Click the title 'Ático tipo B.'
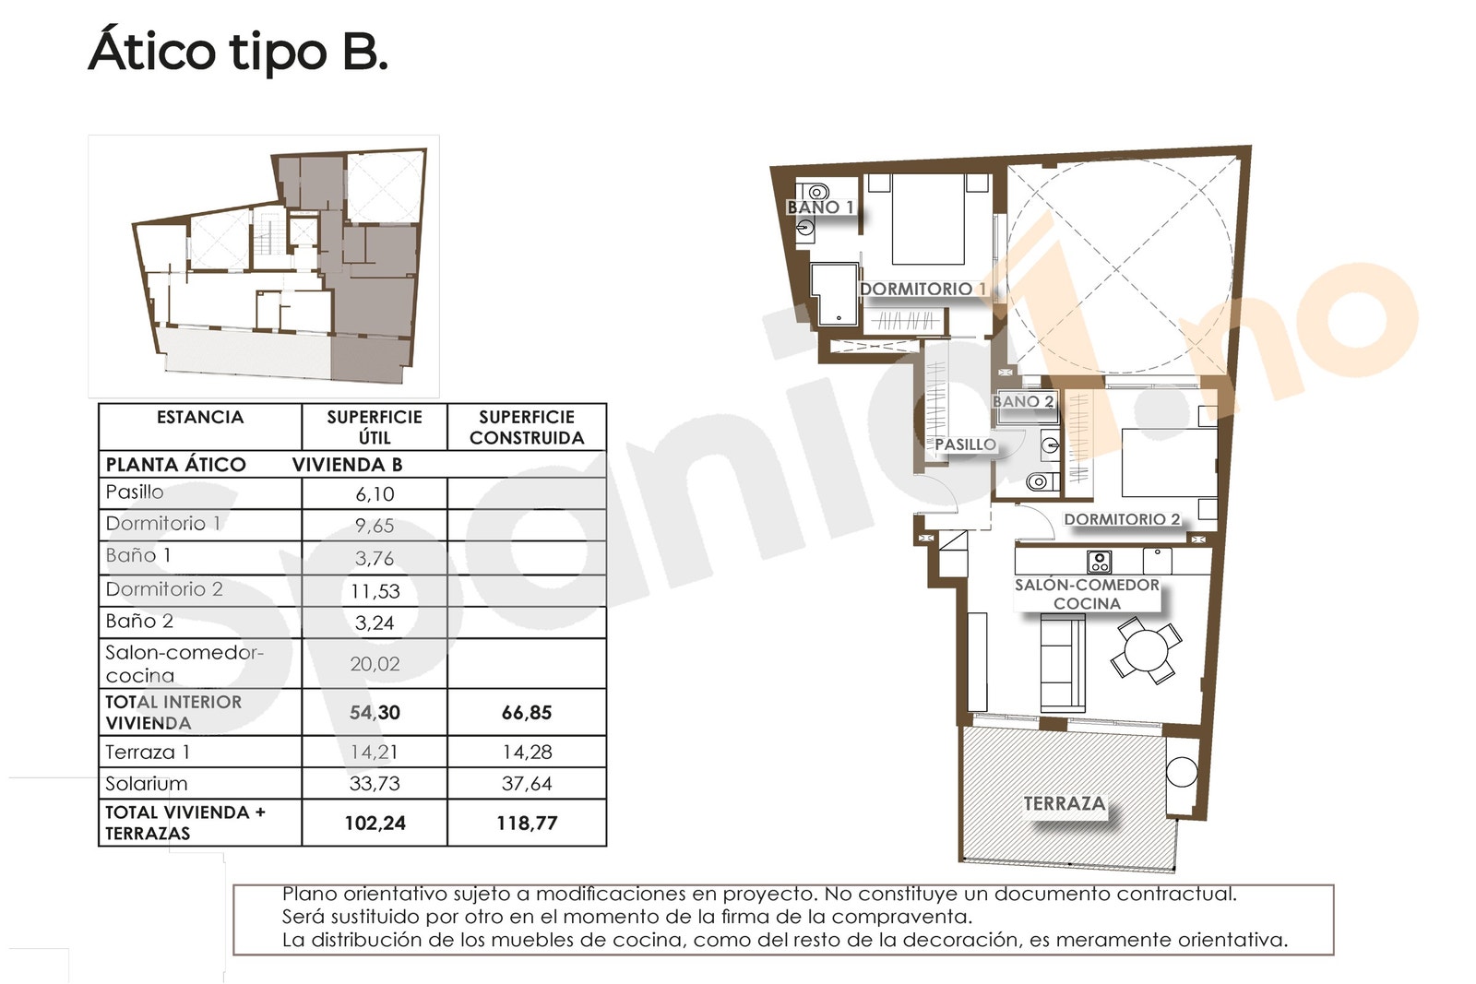238,53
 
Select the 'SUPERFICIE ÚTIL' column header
375,428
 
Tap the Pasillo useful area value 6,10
375,494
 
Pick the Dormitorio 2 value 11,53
375,591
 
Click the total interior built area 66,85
527,713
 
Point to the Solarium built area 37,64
527,784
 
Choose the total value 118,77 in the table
527,824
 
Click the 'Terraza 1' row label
148,753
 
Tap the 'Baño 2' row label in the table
139,621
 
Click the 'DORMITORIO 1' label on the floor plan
923,290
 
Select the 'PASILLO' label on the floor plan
965,445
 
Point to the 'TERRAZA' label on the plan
1065,803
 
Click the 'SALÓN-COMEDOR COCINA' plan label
1088,594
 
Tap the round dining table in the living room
1147,651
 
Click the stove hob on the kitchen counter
1099,562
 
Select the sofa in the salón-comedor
1063,662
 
